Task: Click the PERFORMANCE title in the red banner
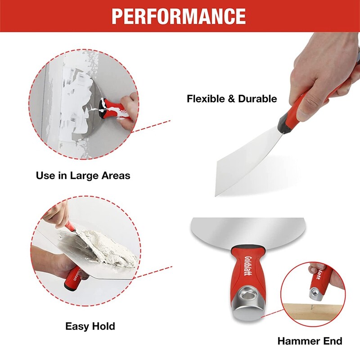[179, 16]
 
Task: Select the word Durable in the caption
[258, 99]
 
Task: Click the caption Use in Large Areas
[83, 175]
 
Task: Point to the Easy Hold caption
[90, 326]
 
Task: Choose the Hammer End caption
[310, 341]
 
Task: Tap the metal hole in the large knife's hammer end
[246, 297]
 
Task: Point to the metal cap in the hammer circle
[314, 292]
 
